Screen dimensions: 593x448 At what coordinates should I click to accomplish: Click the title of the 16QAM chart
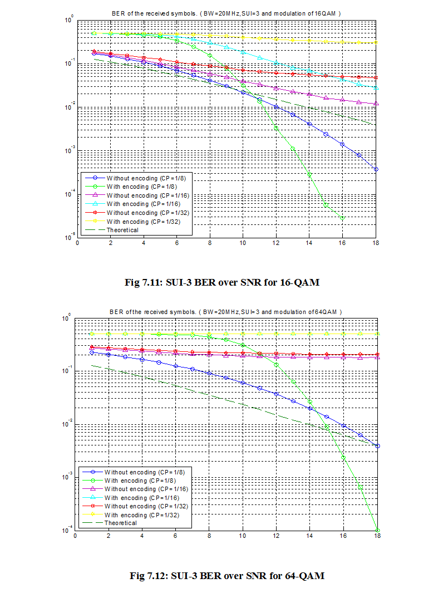[226, 12]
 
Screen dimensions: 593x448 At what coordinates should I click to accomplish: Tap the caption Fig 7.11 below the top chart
[223, 282]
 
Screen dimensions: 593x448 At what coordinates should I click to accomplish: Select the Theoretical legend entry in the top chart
[122, 230]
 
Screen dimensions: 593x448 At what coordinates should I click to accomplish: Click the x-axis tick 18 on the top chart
[377, 244]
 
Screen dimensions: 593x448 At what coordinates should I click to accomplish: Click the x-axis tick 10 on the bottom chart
[243, 537]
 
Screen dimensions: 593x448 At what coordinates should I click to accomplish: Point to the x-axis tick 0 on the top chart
[77, 244]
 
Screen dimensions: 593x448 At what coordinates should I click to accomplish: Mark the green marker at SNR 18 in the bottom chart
[377, 530]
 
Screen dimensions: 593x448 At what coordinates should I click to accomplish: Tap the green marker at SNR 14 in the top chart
[310, 174]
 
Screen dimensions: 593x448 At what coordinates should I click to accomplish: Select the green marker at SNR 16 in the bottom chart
[343, 458]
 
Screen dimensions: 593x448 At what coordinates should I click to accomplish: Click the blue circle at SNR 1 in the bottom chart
[92, 352]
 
